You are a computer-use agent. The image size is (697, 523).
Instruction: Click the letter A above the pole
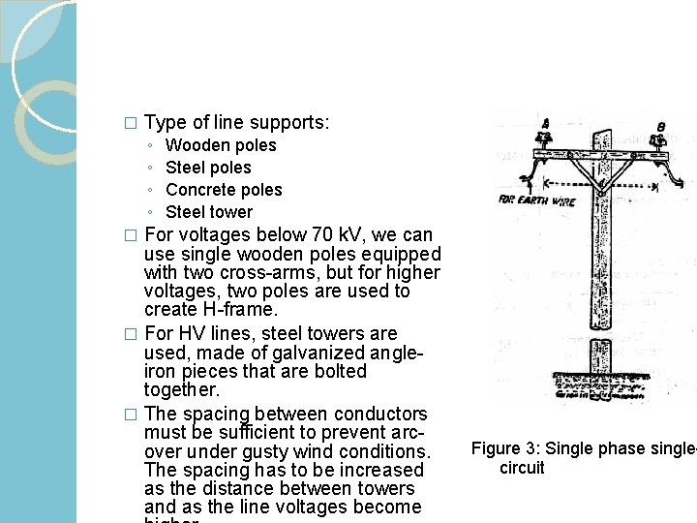[x=546, y=124]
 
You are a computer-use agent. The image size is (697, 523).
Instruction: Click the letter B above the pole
[x=661, y=126]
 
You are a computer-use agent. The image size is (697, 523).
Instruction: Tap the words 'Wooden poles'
[x=221, y=145]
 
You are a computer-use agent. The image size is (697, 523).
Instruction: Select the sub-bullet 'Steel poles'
[x=208, y=168]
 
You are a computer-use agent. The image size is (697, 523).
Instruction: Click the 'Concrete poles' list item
[x=224, y=190]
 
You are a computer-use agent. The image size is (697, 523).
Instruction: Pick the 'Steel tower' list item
[x=209, y=212]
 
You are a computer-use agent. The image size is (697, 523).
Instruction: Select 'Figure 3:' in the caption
[x=505, y=448]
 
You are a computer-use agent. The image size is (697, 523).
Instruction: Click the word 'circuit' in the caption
[x=522, y=468]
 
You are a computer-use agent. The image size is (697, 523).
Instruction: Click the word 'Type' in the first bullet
[x=165, y=123]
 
